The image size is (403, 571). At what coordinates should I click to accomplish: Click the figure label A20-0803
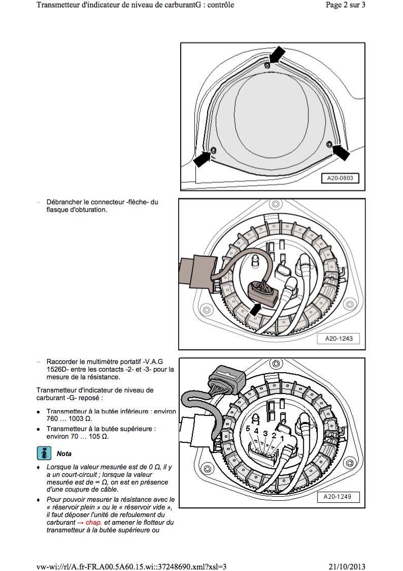[340, 178]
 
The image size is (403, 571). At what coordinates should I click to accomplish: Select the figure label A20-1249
[339, 496]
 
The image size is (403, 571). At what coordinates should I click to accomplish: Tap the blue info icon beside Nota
[44, 453]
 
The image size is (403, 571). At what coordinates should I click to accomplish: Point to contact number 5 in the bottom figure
[248, 429]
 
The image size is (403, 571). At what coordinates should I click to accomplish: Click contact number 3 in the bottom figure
[265, 433]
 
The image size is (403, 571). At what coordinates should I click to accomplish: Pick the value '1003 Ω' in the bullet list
[81, 418]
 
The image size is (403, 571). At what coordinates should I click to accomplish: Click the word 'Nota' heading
[64, 453]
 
